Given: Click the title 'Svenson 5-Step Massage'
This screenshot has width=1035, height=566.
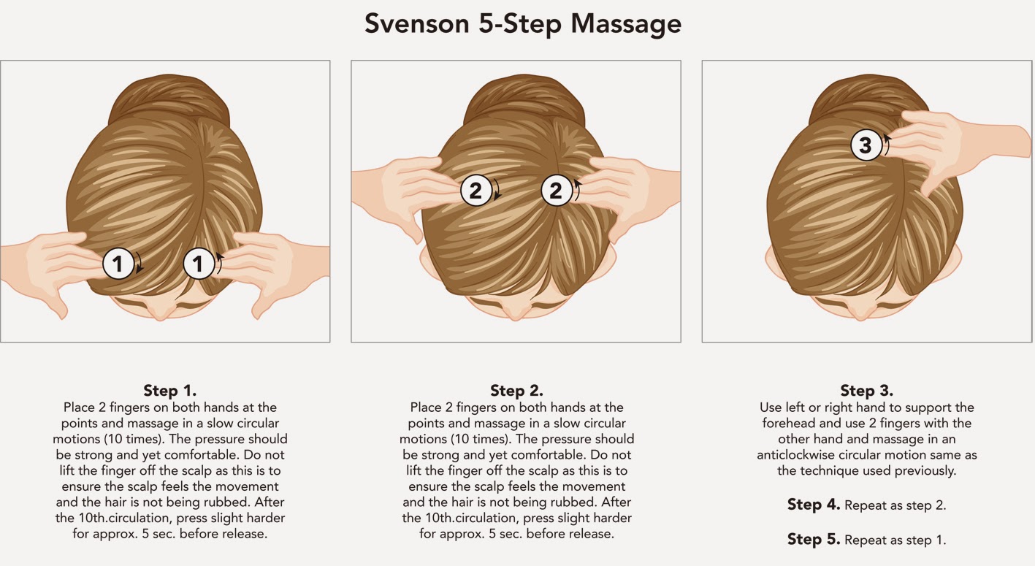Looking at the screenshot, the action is pyautogui.click(x=522, y=24).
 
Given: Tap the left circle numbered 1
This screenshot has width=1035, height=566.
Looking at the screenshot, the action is pyautogui.click(x=118, y=264).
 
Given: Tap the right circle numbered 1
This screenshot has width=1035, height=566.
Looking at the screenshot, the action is pyautogui.click(x=199, y=264).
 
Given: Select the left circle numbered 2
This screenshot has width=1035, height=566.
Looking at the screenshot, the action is pyautogui.click(x=476, y=190).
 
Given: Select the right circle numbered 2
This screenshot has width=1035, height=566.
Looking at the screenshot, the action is pyautogui.click(x=557, y=190).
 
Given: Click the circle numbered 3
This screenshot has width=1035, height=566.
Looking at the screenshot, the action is pyautogui.click(x=866, y=145).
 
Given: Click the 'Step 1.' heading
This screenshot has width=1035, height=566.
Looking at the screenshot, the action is pyautogui.click(x=169, y=391).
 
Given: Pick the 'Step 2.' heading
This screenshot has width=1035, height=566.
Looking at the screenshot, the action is pyautogui.click(x=516, y=391).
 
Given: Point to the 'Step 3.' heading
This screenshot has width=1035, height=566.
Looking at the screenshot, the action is pyautogui.click(x=867, y=391).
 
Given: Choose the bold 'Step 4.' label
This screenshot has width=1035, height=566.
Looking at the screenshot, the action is pyautogui.click(x=814, y=504).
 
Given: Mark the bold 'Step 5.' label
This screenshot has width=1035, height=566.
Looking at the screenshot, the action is pyautogui.click(x=814, y=539).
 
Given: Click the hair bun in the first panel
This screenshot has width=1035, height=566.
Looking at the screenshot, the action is pyautogui.click(x=169, y=100).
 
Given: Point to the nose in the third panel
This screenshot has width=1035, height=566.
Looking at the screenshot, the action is pyautogui.click(x=861, y=313).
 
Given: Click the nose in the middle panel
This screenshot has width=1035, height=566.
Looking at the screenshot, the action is pyautogui.click(x=516, y=313).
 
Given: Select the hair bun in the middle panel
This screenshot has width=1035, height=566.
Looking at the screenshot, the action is pyautogui.click(x=524, y=100).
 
